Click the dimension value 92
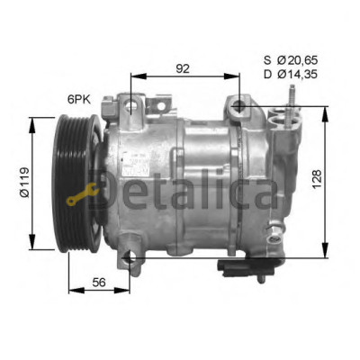click(x=183, y=68)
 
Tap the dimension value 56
click(x=99, y=283)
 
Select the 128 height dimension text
click(x=317, y=179)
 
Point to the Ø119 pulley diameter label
click(x=24, y=182)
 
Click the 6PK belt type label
click(x=79, y=100)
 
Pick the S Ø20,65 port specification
click(x=291, y=60)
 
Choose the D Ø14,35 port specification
click(x=291, y=74)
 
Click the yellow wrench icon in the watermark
click(x=82, y=195)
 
